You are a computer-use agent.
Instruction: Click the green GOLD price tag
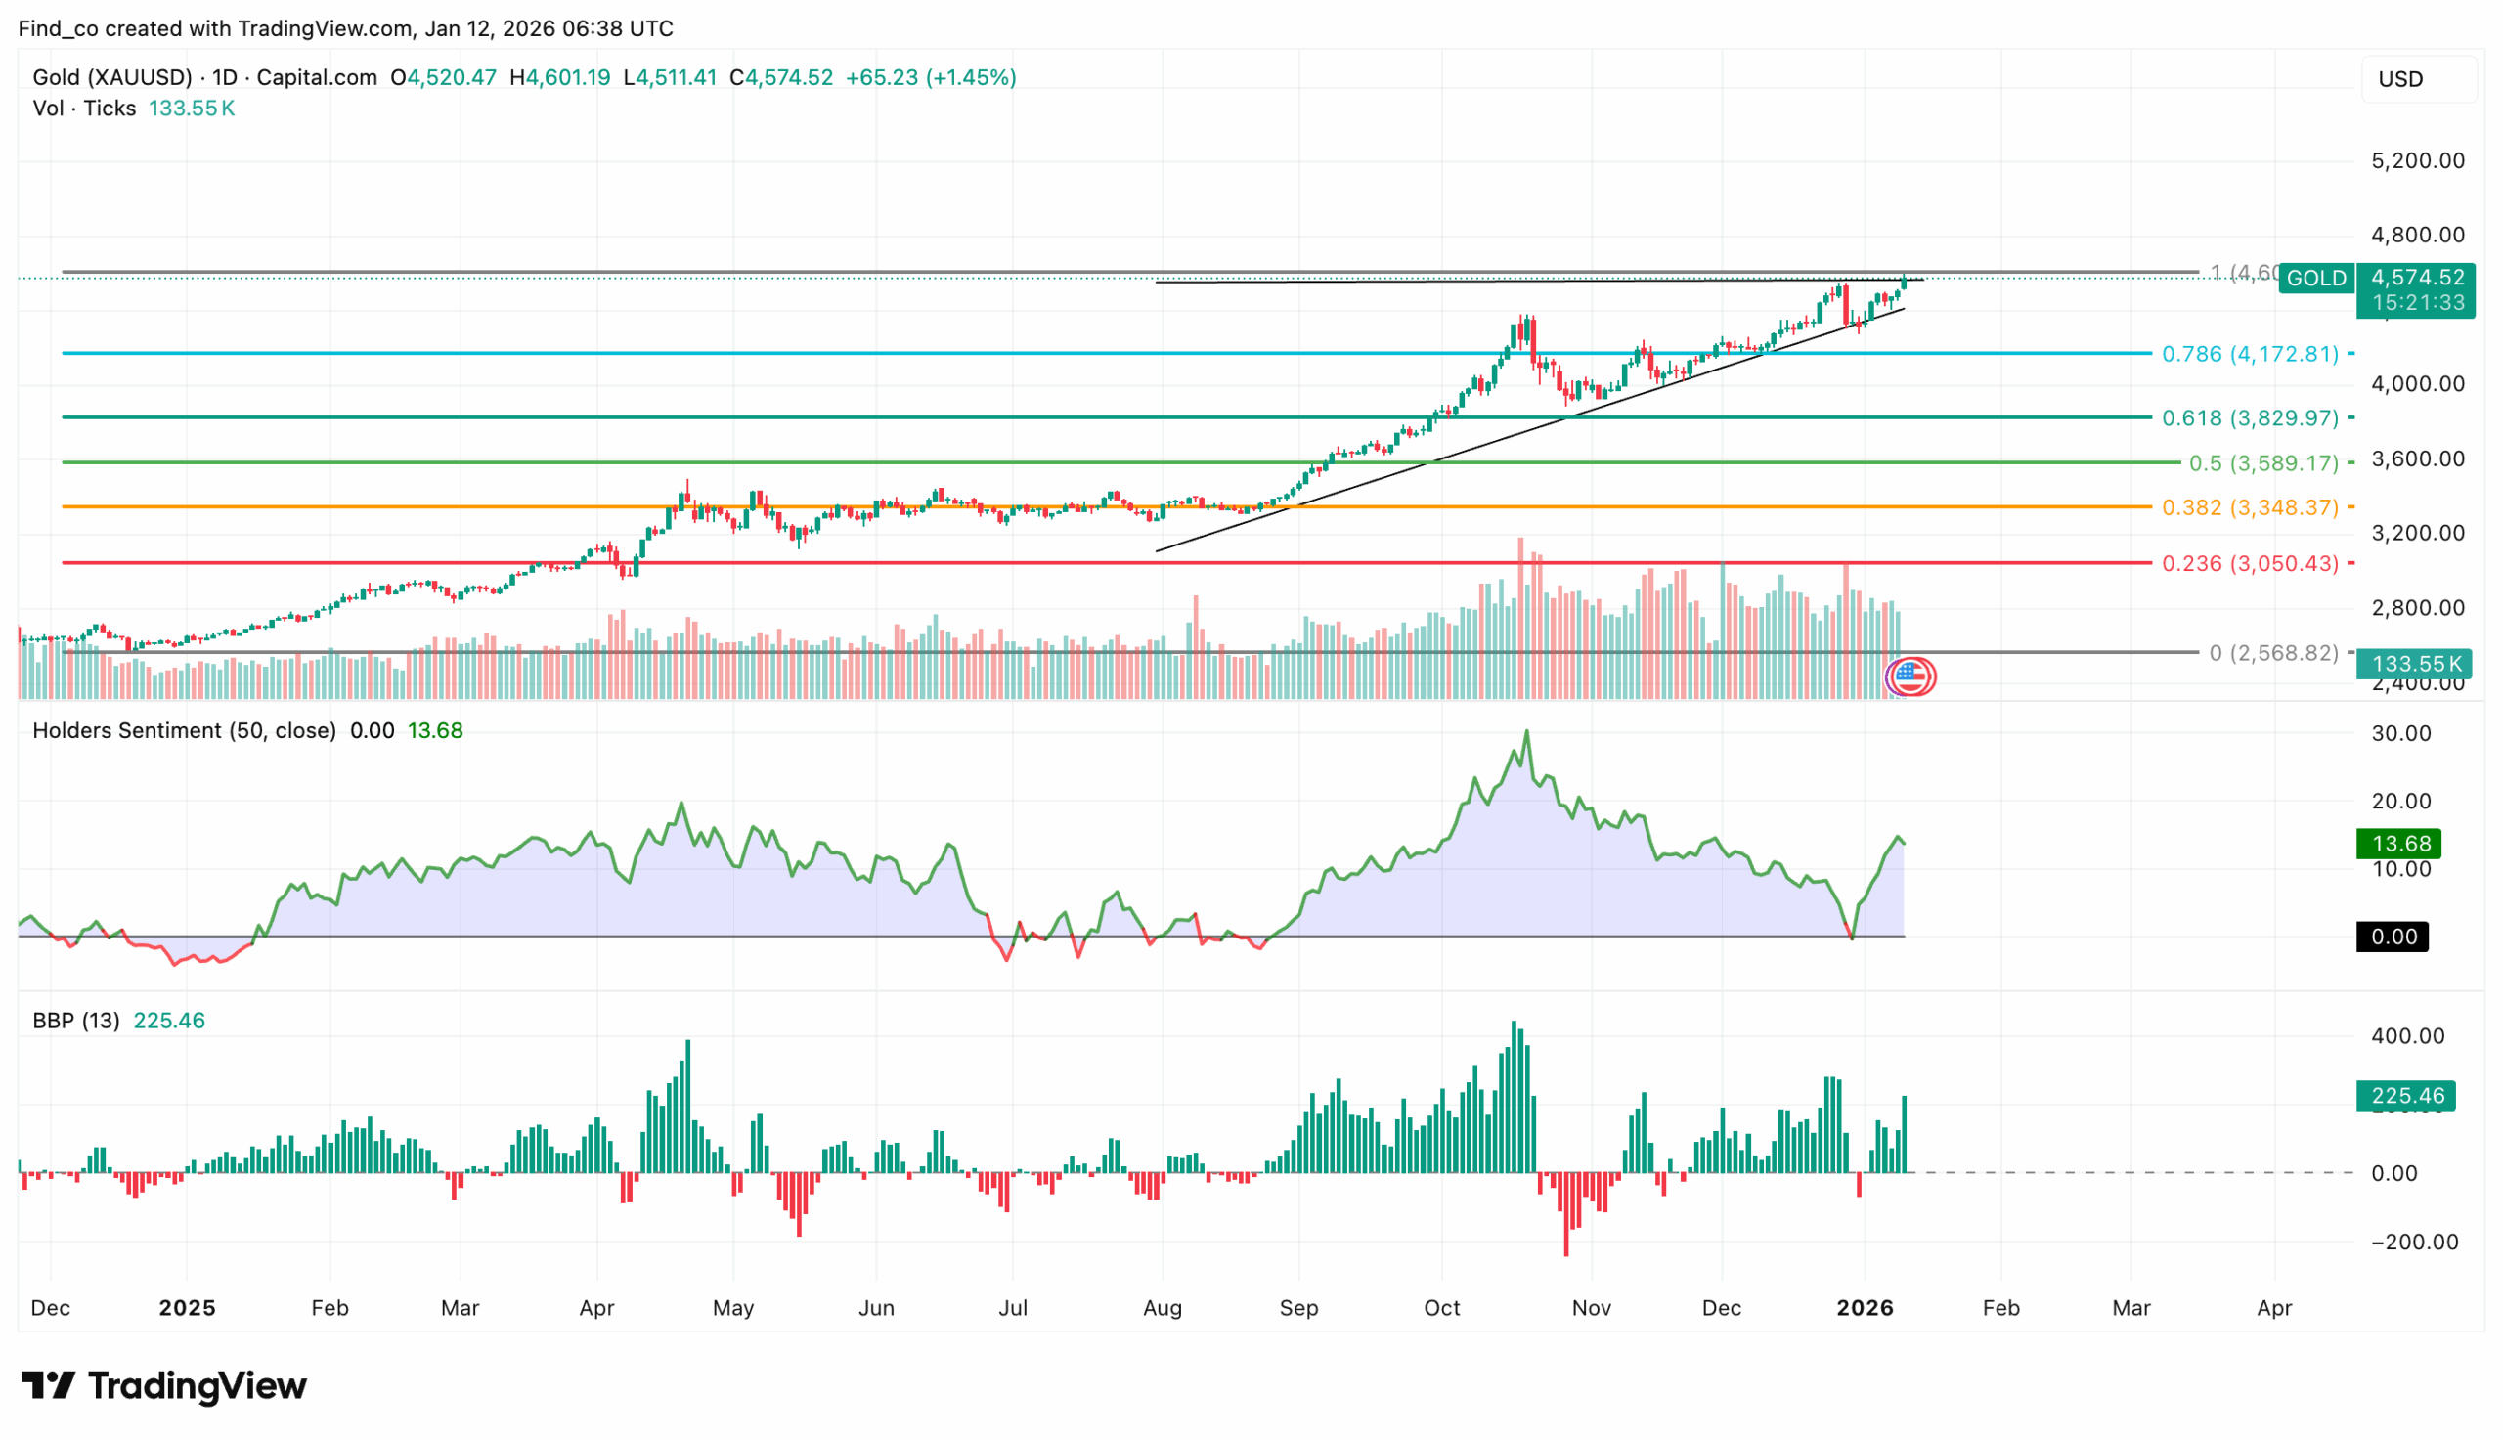(2315, 278)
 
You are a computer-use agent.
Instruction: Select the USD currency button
(2418, 79)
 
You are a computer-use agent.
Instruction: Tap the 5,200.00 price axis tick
(2417, 160)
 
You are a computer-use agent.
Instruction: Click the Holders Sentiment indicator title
(184, 731)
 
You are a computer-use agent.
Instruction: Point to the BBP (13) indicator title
(75, 1021)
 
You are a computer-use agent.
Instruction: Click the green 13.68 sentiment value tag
(2399, 844)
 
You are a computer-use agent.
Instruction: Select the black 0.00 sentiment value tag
(2393, 937)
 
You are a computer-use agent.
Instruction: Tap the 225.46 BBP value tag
(2406, 1096)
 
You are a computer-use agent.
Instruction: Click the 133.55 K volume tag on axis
(2413, 664)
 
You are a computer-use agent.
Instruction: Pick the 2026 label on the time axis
(1865, 1307)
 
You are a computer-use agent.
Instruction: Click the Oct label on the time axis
(1441, 1307)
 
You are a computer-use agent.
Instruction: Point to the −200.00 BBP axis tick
(2413, 1243)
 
